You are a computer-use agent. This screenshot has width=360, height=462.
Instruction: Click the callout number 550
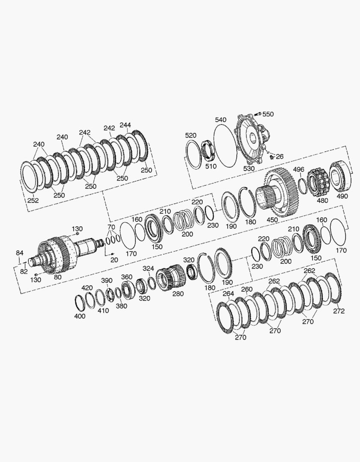pyautogui.click(x=268, y=114)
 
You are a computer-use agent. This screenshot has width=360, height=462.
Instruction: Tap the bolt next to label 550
pyautogui.click(x=257, y=114)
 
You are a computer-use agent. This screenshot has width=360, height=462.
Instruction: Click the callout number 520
pyautogui.click(x=190, y=135)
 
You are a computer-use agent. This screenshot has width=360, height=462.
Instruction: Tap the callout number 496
pyautogui.click(x=298, y=169)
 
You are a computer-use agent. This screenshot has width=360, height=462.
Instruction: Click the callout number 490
pyautogui.click(x=342, y=196)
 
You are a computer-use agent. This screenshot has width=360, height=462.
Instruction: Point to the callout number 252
pyautogui.click(x=33, y=200)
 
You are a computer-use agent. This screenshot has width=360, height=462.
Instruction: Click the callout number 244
pyautogui.click(x=125, y=125)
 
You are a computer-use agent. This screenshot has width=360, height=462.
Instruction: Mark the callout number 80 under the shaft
pyautogui.click(x=57, y=277)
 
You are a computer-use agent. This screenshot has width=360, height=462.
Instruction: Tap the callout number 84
pyautogui.click(x=20, y=253)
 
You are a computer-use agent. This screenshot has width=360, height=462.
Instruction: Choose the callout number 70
pyautogui.click(x=111, y=227)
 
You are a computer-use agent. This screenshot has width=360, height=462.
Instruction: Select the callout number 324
pyautogui.click(x=148, y=268)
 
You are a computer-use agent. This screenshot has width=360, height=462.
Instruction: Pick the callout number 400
pyautogui.click(x=80, y=316)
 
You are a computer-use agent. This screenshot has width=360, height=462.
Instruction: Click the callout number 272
pyautogui.click(x=339, y=311)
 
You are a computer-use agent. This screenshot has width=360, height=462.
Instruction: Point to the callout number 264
pyautogui.click(x=228, y=293)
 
